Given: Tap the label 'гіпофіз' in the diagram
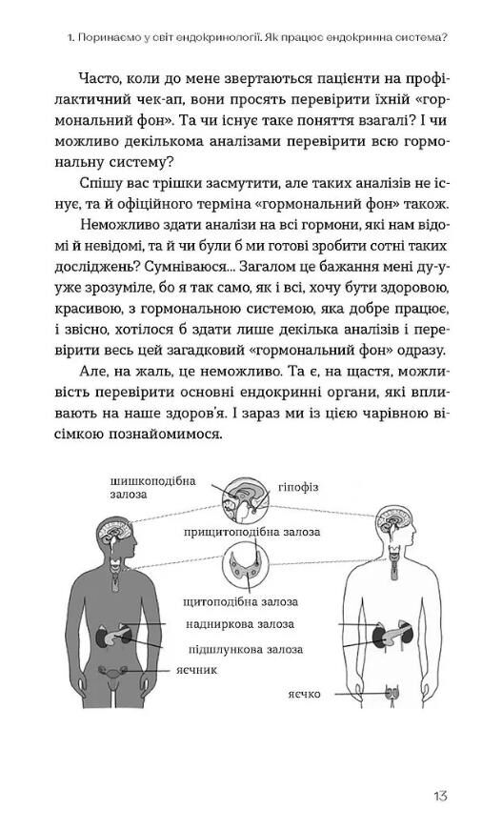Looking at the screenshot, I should [299, 487].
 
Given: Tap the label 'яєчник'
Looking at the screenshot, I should [198, 670].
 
